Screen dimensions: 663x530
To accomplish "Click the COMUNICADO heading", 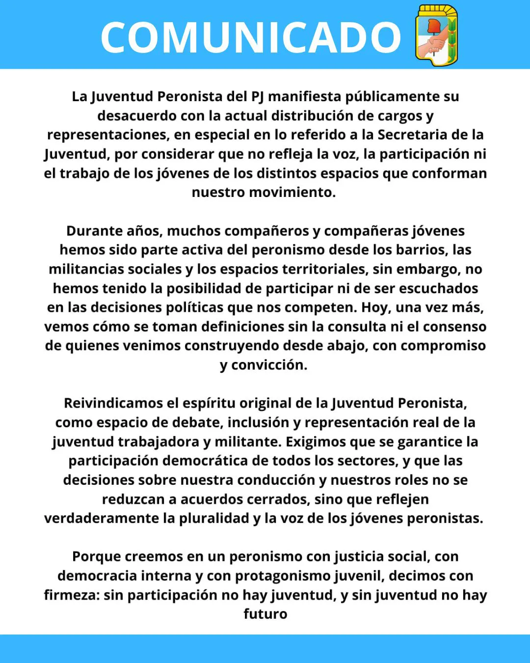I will tap(251, 37).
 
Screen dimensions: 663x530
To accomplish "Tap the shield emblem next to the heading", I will tap(436, 35).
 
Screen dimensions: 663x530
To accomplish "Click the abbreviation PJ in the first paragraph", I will tap(258, 97).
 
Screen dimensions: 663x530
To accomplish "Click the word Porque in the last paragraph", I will tap(97, 557).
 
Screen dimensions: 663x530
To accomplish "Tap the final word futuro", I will tap(265, 614).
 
